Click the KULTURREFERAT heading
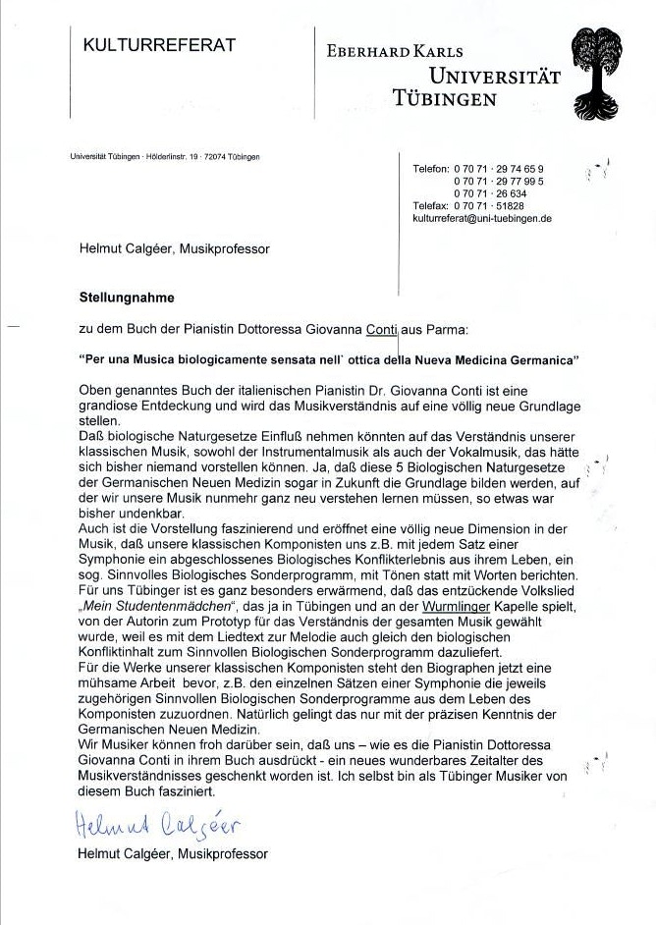(159, 45)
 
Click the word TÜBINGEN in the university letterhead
(444, 98)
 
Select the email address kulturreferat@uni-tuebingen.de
(482, 219)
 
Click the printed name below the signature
(172, 853)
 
